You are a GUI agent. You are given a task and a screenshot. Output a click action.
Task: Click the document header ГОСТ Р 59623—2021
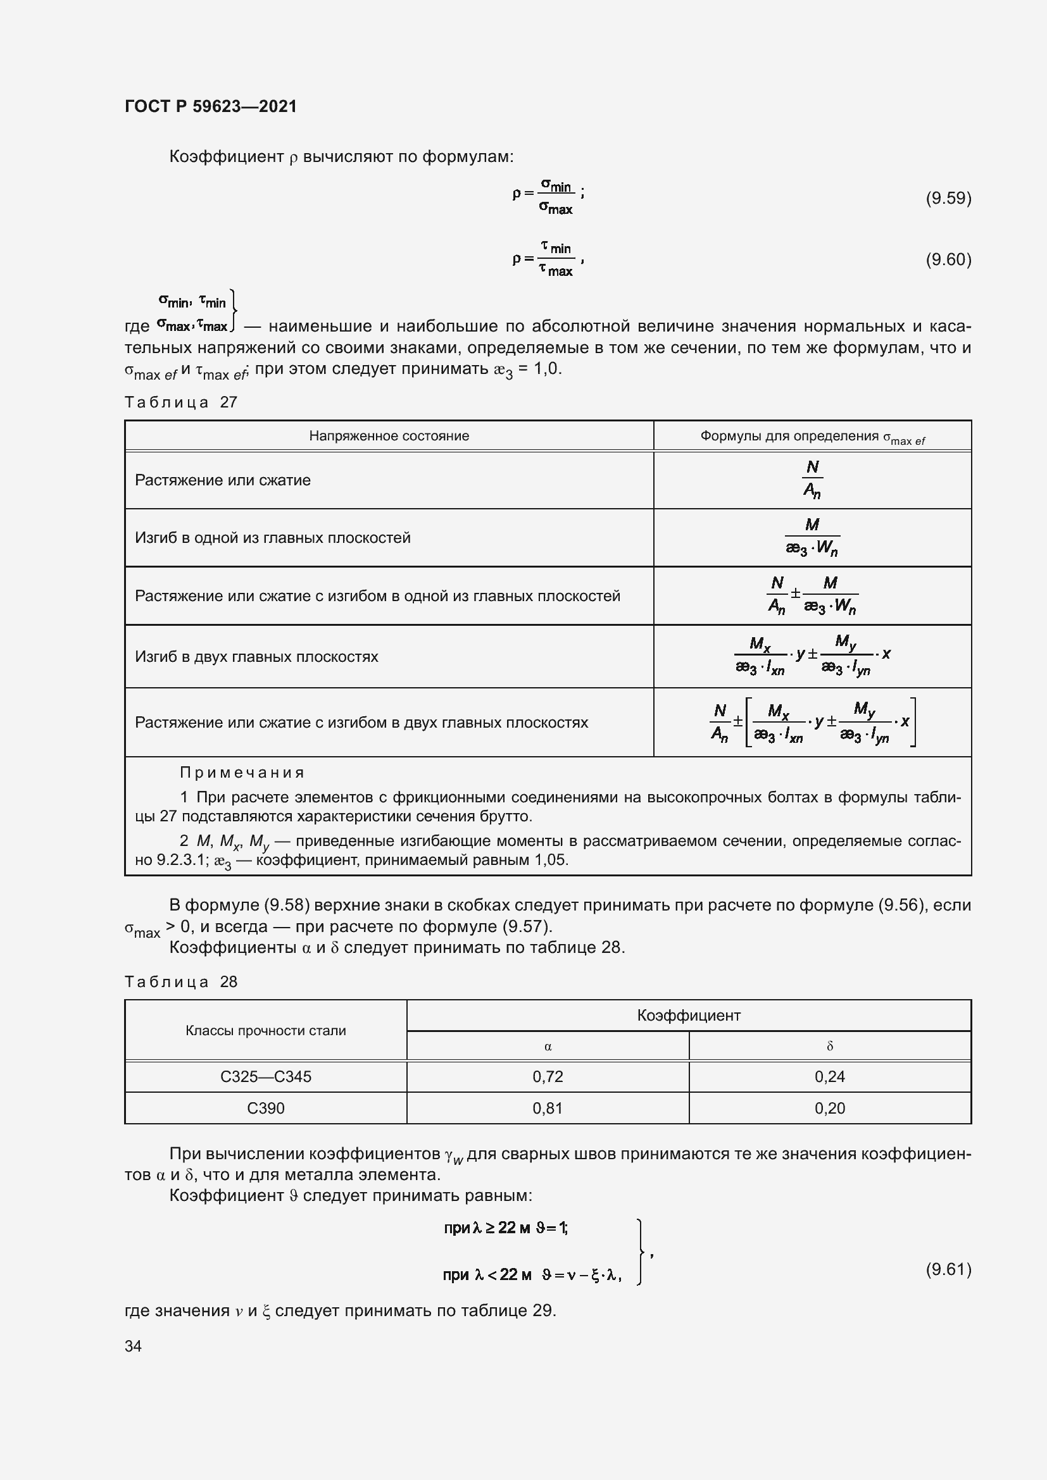click(x=211, y=106)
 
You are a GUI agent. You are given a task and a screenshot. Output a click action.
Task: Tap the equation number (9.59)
click(x=948, y=198)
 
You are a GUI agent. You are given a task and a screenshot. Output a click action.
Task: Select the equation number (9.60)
click(x=948, y=259)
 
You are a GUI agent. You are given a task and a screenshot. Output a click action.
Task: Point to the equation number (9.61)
click(x=948, y=1269)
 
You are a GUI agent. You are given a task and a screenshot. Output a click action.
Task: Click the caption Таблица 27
click(x=181, y=402)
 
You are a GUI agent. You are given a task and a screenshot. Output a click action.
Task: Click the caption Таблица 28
click(x=181, y=982)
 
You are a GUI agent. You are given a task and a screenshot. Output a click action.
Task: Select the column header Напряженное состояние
click(x=389, y=436)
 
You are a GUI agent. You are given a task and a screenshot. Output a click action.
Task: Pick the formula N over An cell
click(x=812, y=480)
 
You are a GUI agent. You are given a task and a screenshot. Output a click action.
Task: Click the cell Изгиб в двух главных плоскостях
click(x=256, y=656)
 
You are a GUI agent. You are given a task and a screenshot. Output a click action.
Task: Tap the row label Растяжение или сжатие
click(x=222, y=480)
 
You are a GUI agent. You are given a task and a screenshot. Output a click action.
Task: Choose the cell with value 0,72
click(x=548, y=1076)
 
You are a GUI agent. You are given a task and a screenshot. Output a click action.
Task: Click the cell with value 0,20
click(x=829, y=1108)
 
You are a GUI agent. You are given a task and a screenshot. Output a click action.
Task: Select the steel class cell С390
click(x=266, y=1108)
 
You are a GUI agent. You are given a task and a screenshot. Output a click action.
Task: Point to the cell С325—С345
click(x=266, y=1076)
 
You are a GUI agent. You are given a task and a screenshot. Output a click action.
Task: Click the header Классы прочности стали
click(x=266, y=1031)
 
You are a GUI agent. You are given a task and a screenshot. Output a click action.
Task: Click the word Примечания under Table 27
click(x=242, y=772)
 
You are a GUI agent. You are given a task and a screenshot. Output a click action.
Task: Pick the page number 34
click(x=134, y=1346)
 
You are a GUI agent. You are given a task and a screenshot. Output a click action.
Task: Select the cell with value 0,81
click(x=548, y=1108)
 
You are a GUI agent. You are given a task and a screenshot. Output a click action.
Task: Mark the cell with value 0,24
click(x=829, y=1076)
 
